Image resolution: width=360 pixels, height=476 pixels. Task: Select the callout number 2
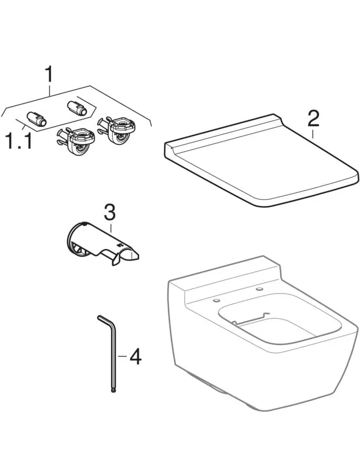(x=313, y=118)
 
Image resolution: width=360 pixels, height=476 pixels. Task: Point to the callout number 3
(x=110, y=212)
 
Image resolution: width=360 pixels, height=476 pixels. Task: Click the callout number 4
(x=136, y=356)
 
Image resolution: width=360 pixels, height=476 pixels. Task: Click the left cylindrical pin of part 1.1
(x=37, y=119)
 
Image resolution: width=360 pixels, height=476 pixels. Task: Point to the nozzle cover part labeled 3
(x=102, y=243)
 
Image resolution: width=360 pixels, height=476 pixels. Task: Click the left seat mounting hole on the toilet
(x=216, y=300)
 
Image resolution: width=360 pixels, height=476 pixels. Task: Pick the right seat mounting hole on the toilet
(x=259, y=289)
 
